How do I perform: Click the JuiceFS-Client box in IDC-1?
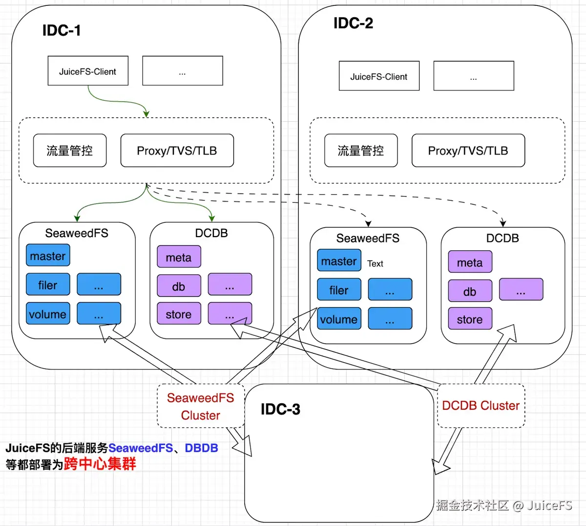click(88, 71)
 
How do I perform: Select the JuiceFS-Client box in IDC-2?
click(379, 76)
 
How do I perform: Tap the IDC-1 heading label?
click(62, 30)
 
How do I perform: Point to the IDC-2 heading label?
click(353, 23)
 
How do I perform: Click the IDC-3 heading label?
click(280, 409)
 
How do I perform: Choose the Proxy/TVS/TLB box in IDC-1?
click(177, 151)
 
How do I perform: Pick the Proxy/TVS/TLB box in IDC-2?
click(468, 151)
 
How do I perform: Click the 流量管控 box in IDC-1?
click(70, 151)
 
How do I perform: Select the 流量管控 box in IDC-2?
click(361, 151)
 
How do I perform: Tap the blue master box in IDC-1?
click(48, 256)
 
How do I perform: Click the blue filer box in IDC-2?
click(339, 290)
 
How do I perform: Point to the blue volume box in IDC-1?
click(48, 314)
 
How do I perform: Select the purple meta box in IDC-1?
click(179, 257)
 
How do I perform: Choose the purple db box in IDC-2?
click(470, 291)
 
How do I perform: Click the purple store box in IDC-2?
click(470, 319)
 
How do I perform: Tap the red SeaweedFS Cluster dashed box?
click(200, 406)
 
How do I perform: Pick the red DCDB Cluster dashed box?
click(481, 406)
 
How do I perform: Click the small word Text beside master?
click(375, 263)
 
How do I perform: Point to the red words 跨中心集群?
click(100, 463)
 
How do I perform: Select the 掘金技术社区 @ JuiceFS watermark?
click(504, 505)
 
